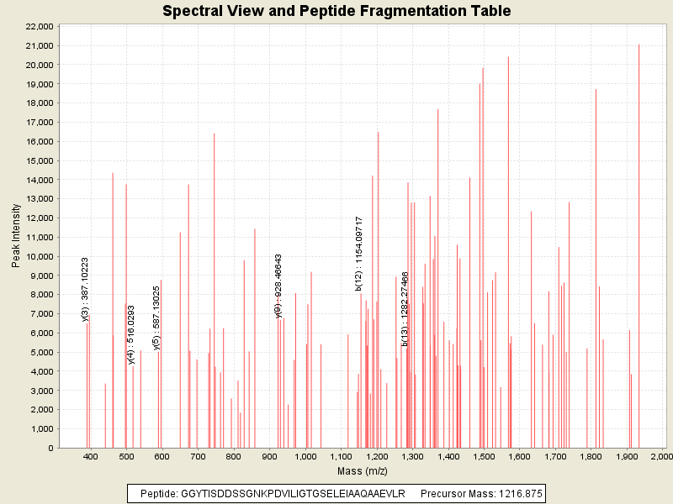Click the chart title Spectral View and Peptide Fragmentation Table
(336, 12)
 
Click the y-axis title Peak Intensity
(16, 236)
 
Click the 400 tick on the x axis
(91, 457)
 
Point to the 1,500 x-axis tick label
(483, 457)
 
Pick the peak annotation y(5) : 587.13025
(156, 317)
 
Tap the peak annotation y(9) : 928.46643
(278, 286)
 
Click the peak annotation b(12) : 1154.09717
(359, 254)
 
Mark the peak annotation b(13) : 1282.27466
(405, 309)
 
